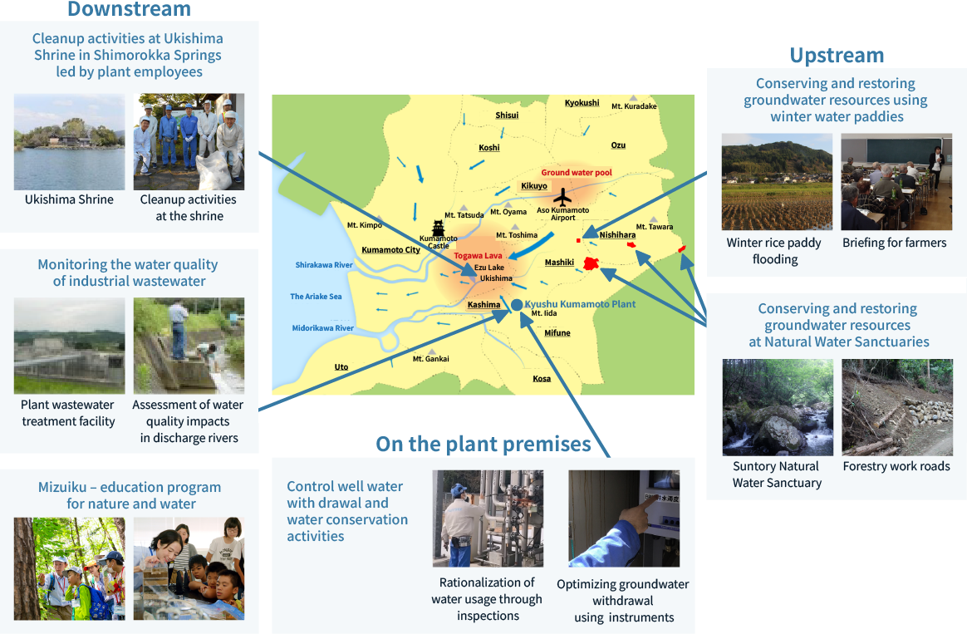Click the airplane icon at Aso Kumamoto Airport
click(562, 198)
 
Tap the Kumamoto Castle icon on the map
click(438, 229)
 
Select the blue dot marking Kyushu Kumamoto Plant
click(517, 305)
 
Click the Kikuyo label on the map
click(534, 185)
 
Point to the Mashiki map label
click(559, 262)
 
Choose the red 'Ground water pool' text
click(577, 173)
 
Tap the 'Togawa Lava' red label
click(478, 255)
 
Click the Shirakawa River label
click(324, 265)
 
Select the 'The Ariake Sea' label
click(316, 297)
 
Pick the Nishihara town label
click(617, 235)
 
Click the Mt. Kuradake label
click(634, 106)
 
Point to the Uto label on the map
click(341, 367)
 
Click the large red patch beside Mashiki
click(591, 264)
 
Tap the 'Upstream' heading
click(837, 56)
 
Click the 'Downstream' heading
click(129, 8)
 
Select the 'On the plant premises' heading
click(483, 444)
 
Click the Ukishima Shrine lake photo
click(69, 142)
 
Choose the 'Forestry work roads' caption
click(896, 466)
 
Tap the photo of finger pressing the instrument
click(624, 519)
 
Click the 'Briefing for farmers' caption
click(894, 243)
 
